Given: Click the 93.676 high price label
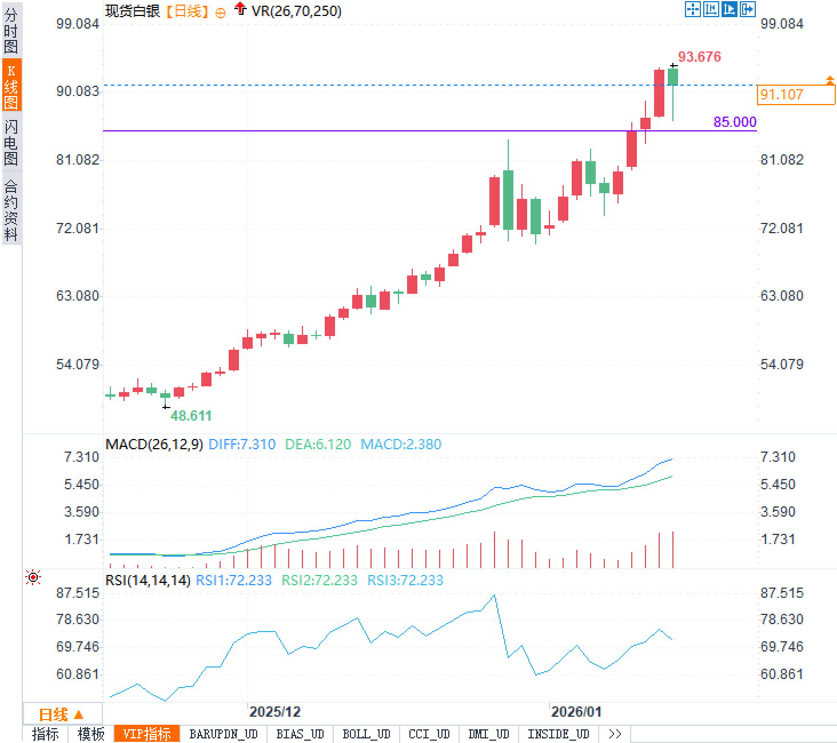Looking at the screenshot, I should [699, 57].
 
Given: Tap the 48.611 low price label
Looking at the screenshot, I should [191, 416].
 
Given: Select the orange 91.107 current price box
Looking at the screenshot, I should [795, 94].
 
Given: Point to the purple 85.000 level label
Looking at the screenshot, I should [735, 122].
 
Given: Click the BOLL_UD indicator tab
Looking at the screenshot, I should [366, 734].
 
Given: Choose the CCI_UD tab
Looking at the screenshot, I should [429, 734].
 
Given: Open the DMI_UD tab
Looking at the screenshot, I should [488, 734].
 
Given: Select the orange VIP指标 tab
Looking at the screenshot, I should [147, 734].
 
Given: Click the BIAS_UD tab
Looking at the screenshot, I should [300, 734].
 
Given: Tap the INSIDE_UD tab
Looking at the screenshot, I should [558, 734].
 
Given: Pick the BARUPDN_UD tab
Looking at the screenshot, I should [223, 734].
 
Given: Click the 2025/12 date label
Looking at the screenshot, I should [274, 712].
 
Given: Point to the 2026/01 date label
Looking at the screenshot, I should [576, 712].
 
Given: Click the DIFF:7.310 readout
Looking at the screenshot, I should [242, 444].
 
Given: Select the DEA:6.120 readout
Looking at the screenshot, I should [318, 444].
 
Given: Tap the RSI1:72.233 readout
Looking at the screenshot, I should [233, 580].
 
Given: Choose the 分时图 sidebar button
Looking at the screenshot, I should [11, 31].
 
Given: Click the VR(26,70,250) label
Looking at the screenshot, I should [296, 11].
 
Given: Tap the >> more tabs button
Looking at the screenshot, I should [615, 734].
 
